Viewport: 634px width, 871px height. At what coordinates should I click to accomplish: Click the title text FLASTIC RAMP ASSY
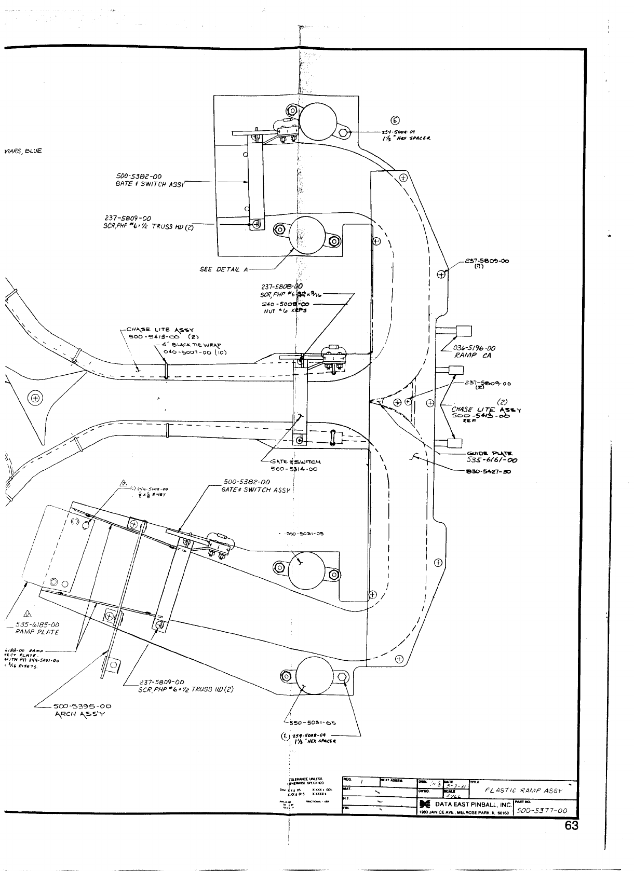click(x=523, y=791)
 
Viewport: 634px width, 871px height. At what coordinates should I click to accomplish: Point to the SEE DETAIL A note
click(x=224, y=270)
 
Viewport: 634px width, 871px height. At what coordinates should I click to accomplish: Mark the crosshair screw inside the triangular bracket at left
click(x=35, y=399)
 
